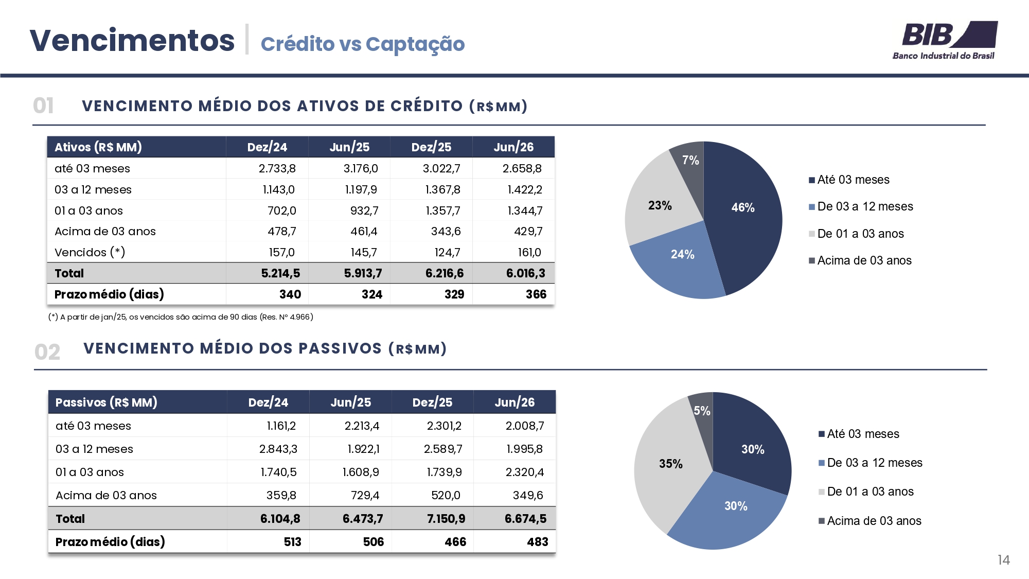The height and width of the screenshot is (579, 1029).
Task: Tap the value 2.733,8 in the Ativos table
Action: tap(277, 168)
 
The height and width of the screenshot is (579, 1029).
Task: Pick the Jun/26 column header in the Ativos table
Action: tap(513, 147)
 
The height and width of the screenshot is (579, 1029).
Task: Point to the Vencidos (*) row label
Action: tap(90, 252)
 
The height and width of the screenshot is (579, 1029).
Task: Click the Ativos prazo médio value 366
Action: tap(536, 294)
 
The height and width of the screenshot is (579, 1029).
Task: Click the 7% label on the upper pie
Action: tap(690, 160)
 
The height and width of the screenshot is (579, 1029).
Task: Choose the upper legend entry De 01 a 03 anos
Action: tap(856, 234)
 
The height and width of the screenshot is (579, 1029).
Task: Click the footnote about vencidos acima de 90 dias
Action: tap(181, 317)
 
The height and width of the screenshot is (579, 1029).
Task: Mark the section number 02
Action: tap(47, 352)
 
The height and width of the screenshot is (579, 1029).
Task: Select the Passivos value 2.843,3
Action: tap(278, 449)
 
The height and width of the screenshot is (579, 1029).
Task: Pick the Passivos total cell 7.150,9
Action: tap(446, 519)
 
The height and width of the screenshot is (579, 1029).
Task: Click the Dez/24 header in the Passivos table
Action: tap(268, 402)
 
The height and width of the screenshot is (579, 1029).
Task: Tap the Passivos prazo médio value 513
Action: tap(292, 542)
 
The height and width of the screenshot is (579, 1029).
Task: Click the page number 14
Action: tap(1003, 560)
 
